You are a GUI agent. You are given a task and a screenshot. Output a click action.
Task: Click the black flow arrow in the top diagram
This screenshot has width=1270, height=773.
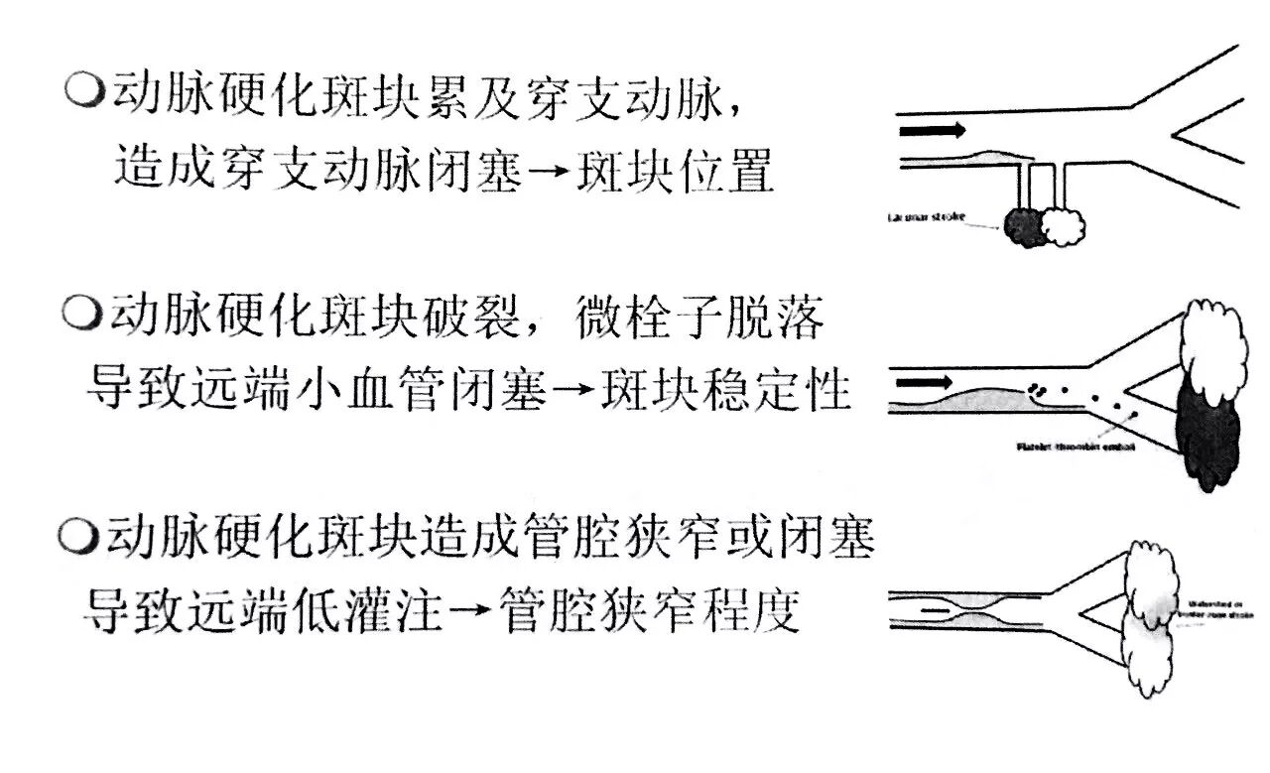click(931, 130)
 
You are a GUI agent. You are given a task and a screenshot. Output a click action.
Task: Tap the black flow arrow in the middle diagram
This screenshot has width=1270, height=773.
click(925, 381)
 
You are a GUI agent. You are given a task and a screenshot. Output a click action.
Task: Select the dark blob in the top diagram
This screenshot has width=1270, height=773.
click(1024, 227)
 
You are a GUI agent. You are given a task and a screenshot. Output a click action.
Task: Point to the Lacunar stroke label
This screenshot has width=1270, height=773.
click(928, 215)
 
